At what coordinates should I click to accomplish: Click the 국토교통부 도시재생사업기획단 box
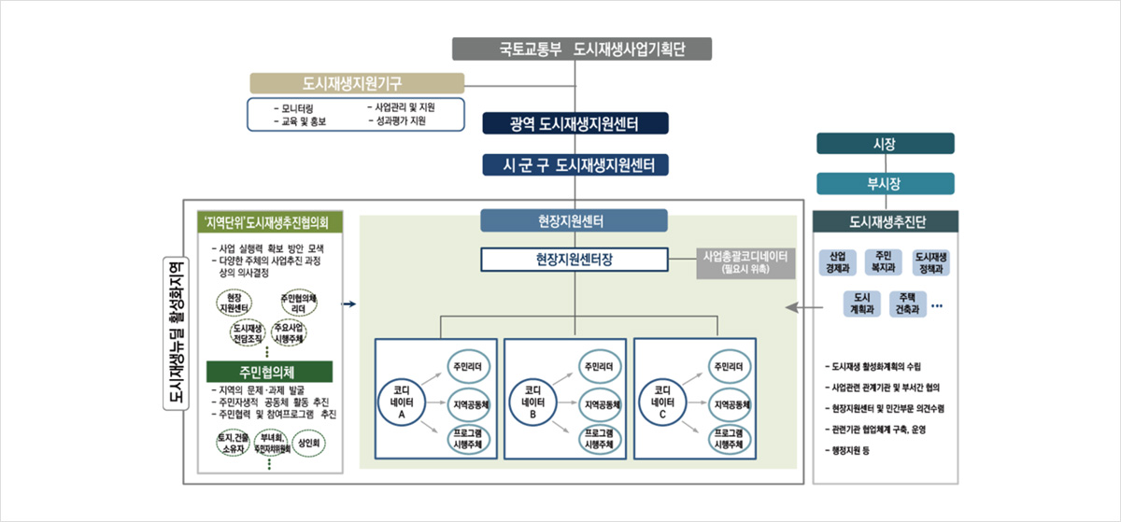click(582, 49)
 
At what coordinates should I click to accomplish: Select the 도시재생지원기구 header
click(358, 83)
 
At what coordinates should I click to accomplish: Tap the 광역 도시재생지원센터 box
click(575, 124)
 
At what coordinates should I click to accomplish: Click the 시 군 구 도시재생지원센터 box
click(575, 165)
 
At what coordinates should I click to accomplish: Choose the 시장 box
click(886, 143)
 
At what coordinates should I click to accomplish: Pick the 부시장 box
click(886, 183)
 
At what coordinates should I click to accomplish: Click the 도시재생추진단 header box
click(886, 222)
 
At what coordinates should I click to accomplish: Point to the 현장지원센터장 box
click(575, 259)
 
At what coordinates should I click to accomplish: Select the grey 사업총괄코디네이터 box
click(746, 262)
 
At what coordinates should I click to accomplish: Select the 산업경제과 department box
click(838, 262)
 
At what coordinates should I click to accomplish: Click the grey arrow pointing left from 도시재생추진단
click(794, 306)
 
